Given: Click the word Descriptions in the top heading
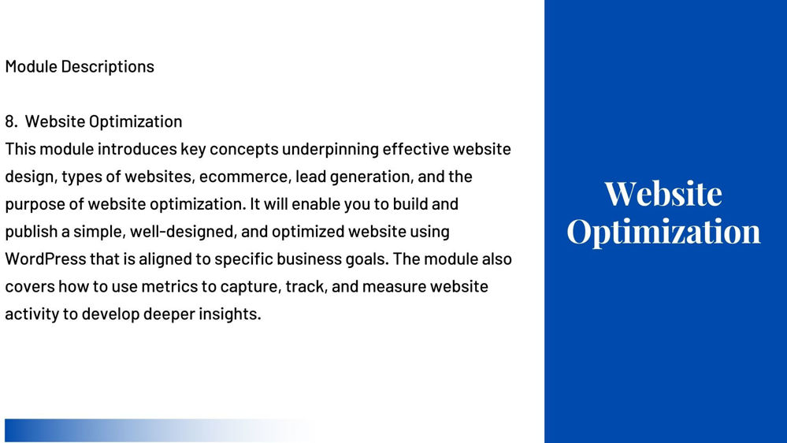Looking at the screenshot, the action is (107, 67).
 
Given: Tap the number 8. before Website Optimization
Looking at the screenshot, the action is (12, 121).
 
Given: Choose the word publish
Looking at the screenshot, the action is (32, 232).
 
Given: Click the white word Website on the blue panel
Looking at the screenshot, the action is (663, 193).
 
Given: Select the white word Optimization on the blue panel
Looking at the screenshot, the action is (663, 232).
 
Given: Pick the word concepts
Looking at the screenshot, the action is (244, 150).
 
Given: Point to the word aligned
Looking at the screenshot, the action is (167, 259).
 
